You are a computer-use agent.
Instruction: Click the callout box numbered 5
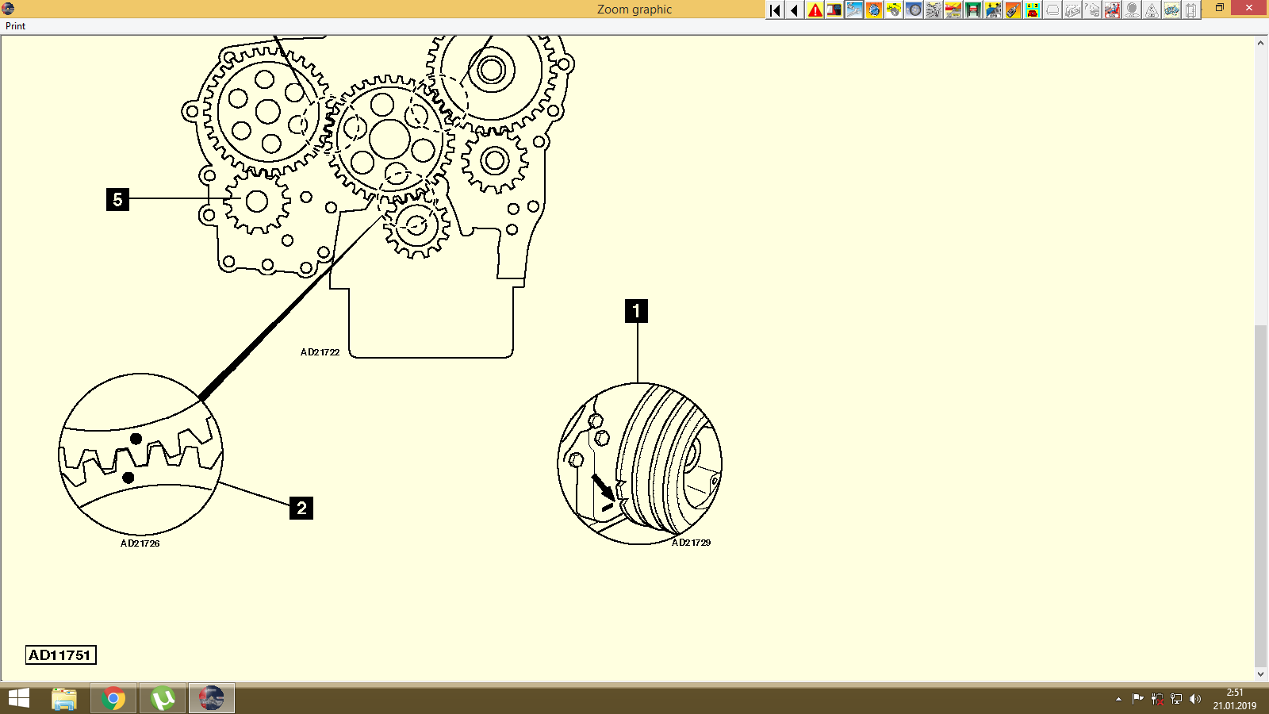[117, 199]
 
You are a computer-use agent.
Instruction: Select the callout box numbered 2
[301, 508]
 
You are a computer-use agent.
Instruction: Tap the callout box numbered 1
[636, 311]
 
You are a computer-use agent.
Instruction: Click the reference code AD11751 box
[60, 655]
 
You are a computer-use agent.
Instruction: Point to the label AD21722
[320, 352]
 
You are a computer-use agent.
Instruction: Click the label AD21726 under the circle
[140, 543]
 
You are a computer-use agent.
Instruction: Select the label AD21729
[691, 543]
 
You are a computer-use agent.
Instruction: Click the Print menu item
[15, 26]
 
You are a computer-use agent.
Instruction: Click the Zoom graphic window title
[634, 10]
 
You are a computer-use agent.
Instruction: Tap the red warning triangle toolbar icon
[815, 10]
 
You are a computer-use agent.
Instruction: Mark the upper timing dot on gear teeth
[136, 439]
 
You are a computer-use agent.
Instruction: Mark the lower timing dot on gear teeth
[128, 478]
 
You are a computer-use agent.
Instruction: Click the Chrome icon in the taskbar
[113, 698]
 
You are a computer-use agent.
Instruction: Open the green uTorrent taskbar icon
[163, 698]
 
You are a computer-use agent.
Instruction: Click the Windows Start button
[18, 698]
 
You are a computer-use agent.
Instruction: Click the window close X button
[1249, 8]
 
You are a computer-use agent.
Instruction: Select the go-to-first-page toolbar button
[775, 10]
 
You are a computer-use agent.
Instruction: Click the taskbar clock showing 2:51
[1234, 698]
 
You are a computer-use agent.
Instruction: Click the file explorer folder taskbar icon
[64, 698]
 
